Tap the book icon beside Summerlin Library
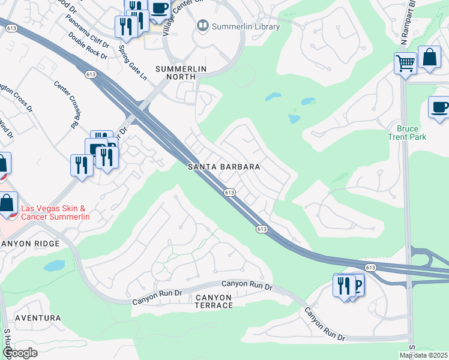click(x=202, y=26)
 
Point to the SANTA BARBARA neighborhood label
click(x=223, y=167)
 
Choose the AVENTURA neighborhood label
click(x=38, y=317)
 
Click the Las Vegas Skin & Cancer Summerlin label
click(x=54, y=212)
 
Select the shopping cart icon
click(x=405, y=62)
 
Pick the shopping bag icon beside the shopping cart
click(x=429, y=58)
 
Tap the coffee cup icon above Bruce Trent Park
click(x=439, y=107)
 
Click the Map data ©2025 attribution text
click(x=423, y=355)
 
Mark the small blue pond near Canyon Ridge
click(x=54, y=265)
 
